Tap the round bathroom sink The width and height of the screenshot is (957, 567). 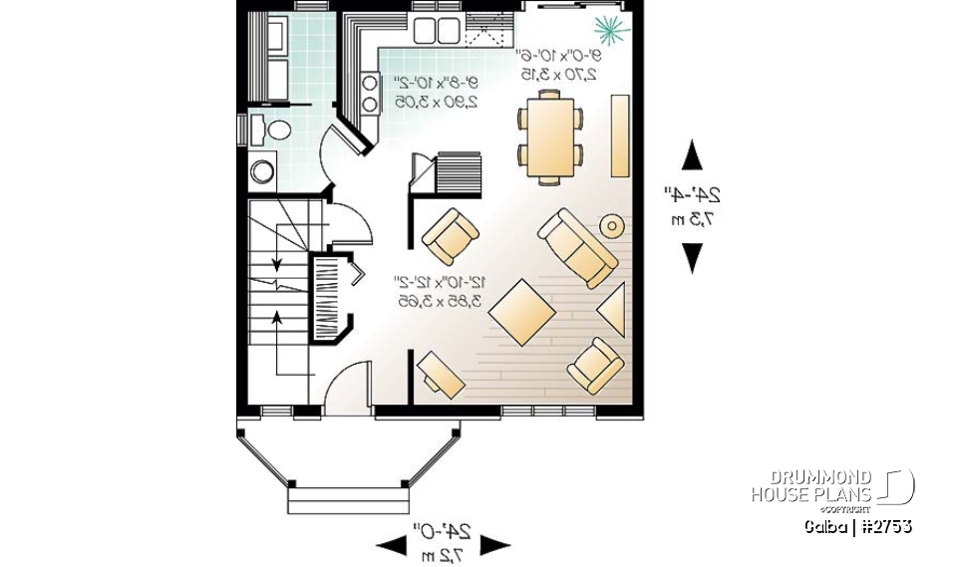262,171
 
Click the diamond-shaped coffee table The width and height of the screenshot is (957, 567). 522,310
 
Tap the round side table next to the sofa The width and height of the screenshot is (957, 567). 611,226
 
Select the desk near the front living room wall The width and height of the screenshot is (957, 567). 440,374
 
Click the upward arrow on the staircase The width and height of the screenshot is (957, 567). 274,320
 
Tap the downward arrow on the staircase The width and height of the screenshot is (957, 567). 274,261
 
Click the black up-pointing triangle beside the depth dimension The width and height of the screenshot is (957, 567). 691,156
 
